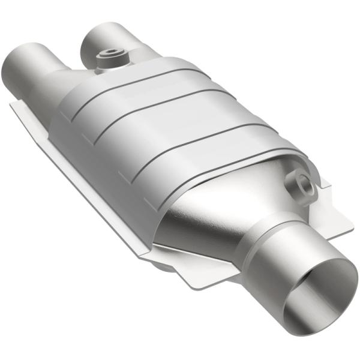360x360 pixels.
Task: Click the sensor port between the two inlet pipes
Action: (110, 59)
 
